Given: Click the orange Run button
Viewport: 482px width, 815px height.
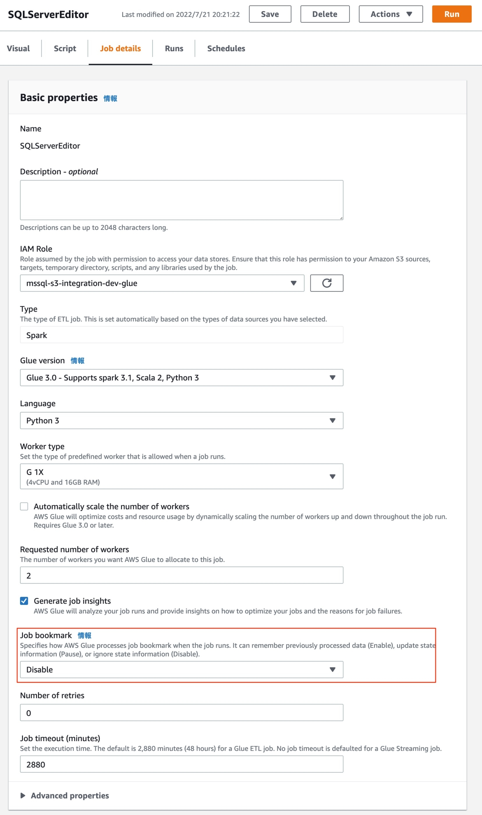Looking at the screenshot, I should tap(451, 14).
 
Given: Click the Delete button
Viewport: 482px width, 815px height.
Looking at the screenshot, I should tap(324, 14).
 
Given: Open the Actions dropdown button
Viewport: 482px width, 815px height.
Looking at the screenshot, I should tap(390, 14).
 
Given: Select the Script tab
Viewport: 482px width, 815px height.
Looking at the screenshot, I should tap(65, 49).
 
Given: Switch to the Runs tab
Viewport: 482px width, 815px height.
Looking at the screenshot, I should tap(174, 49).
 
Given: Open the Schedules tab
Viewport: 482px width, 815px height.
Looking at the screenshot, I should tap(226, 49).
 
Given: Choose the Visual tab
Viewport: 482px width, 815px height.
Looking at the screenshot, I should tap(18, 49).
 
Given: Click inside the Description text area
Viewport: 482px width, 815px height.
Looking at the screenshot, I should tap(181, 200).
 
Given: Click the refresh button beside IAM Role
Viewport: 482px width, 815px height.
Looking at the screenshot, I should tap(326, 283).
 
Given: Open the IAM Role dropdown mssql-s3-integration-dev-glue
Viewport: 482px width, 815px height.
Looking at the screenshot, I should tap(162, 283).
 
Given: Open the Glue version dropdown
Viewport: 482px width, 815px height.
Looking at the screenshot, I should tap(181, 378).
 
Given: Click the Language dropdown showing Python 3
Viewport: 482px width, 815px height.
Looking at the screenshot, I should tap(181, 421).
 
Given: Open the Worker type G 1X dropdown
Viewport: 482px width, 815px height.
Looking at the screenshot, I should tap(181, 476).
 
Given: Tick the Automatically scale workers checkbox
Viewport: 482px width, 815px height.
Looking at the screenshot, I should tap(24, 507).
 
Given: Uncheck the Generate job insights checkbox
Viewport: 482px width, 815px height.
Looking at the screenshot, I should tap(24, 601).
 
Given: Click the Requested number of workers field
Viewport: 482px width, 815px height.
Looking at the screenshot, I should tap(181, 575).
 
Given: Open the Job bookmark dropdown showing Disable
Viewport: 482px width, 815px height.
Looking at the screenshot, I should tap(181, 670).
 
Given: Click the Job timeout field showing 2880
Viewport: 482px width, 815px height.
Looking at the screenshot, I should tap(181, 764).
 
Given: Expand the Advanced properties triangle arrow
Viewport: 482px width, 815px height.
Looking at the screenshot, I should tap(23, 796).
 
